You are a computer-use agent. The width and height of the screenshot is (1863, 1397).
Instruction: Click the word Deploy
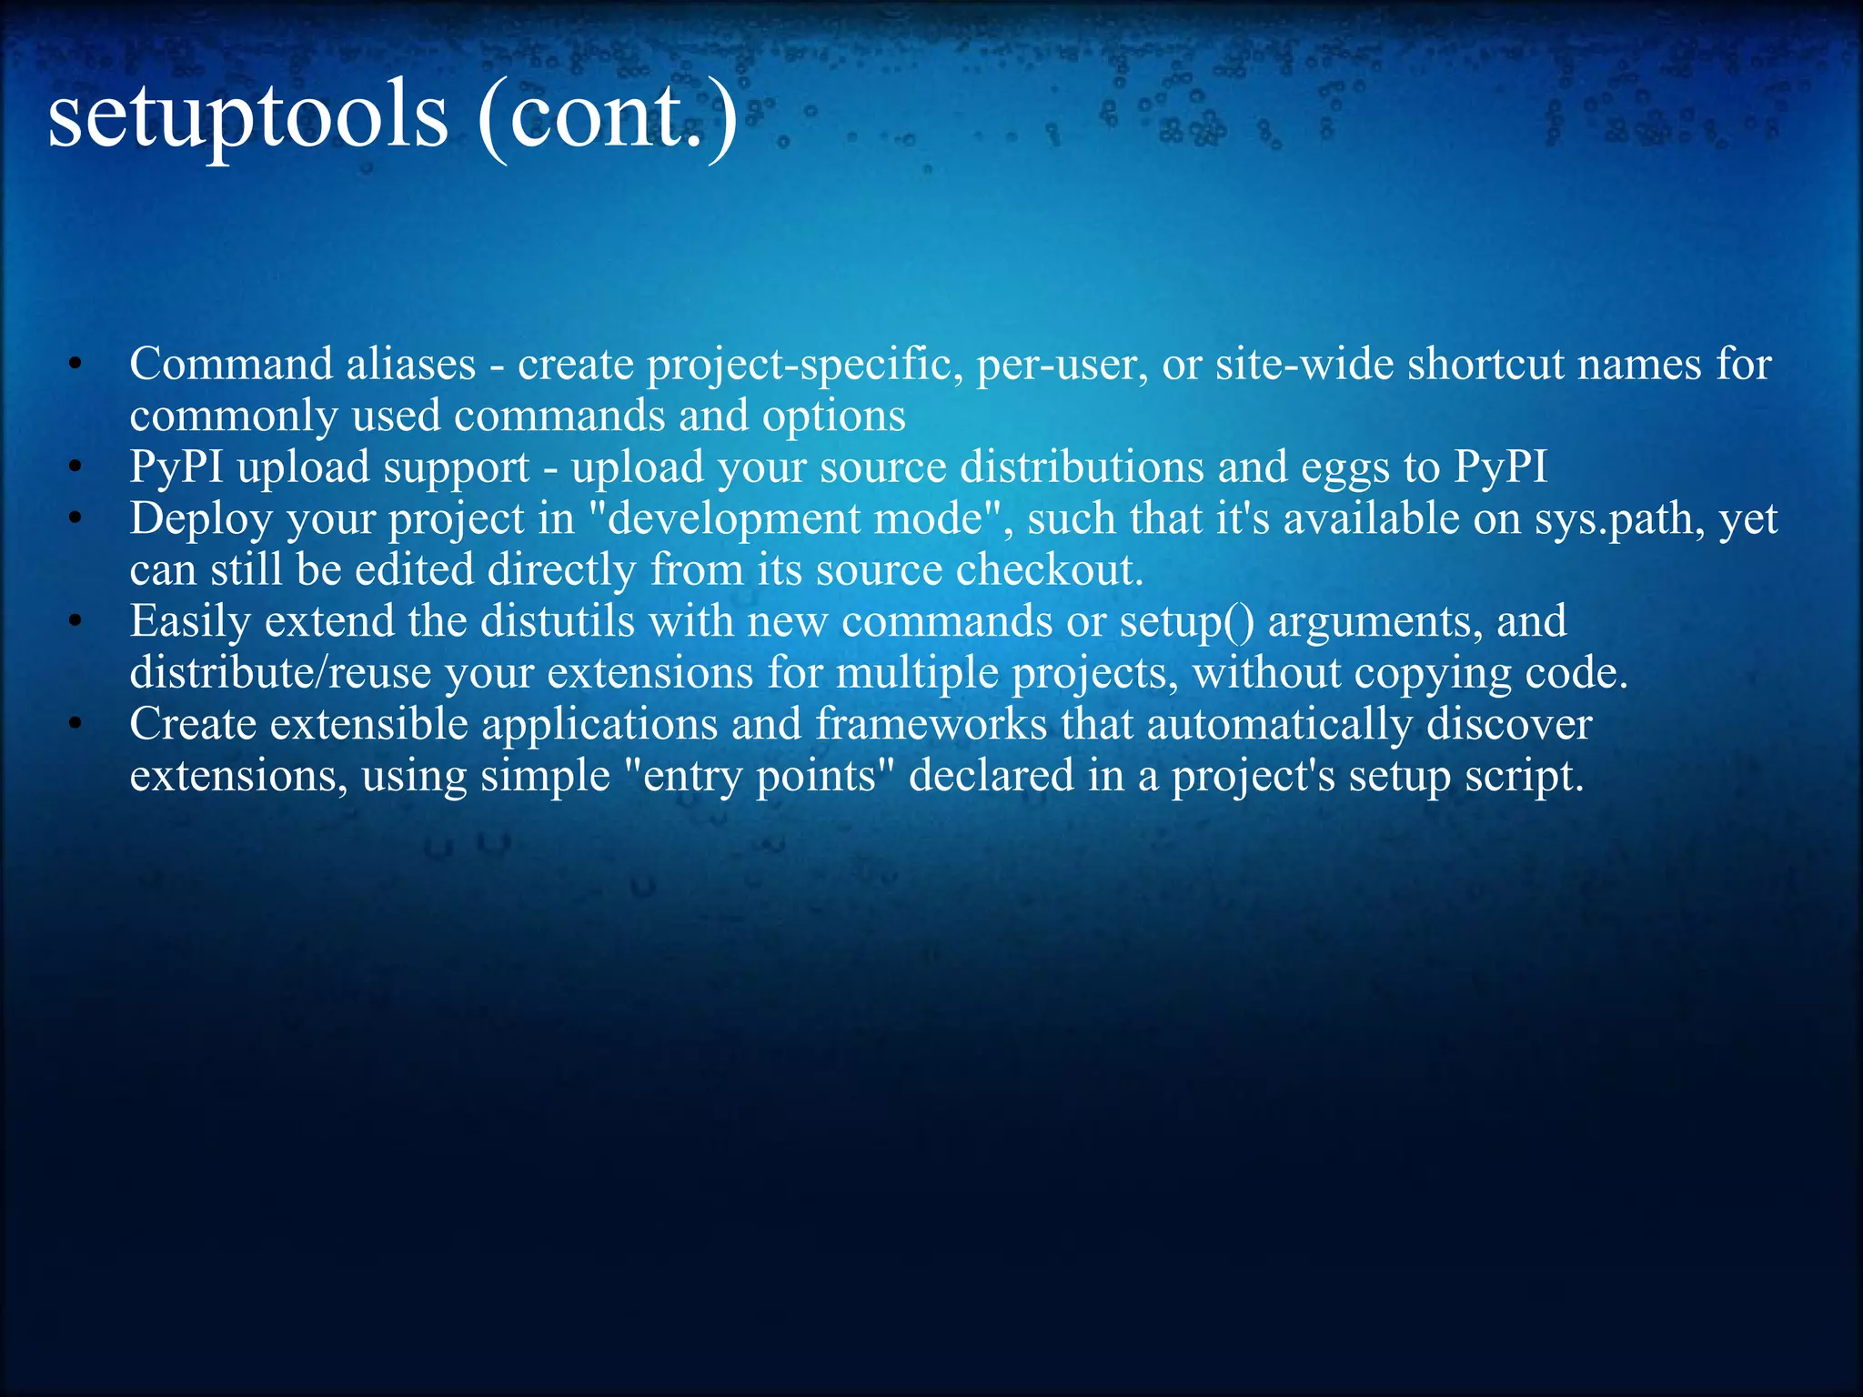point(201,519)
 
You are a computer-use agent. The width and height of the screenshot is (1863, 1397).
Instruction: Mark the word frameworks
point(931,725)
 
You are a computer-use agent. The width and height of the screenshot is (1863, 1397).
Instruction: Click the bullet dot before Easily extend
point(76,623)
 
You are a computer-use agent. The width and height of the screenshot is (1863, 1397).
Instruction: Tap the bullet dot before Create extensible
point(76,726)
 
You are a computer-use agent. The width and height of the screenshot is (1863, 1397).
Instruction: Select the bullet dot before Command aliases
point(76,366)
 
